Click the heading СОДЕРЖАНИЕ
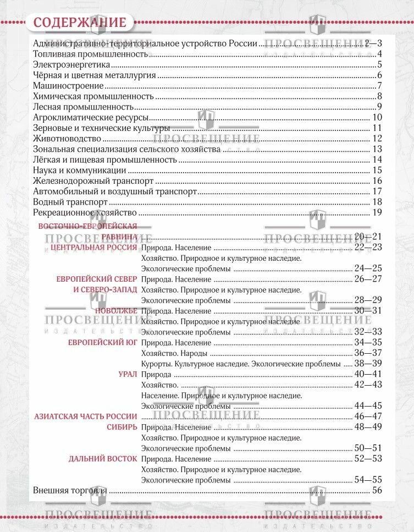80,23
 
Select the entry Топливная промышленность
90,54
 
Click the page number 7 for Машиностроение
379,86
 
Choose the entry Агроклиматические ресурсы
91,117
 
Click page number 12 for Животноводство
377,138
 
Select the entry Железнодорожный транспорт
92,180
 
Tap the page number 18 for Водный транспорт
377,202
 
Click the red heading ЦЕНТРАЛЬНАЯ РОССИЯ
93,248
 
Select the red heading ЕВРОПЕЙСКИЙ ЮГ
102,342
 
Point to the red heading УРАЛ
128,374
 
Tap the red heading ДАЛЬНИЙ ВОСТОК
103,458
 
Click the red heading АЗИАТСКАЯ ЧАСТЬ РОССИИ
85,416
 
